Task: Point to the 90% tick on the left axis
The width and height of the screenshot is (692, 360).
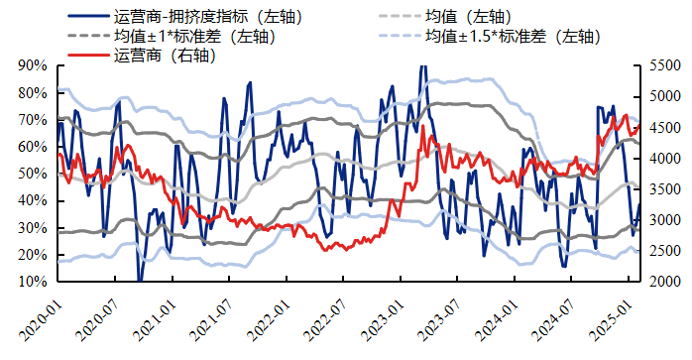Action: click(x=33, y=65)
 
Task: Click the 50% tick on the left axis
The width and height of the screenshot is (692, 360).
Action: click(x=33, y=174)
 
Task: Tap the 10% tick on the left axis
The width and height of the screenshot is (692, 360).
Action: click(x=33, y=282)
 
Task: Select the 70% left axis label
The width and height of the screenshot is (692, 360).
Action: click(x=33, y=120)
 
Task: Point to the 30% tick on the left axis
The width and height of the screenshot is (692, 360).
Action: click(x=33, y=228)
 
